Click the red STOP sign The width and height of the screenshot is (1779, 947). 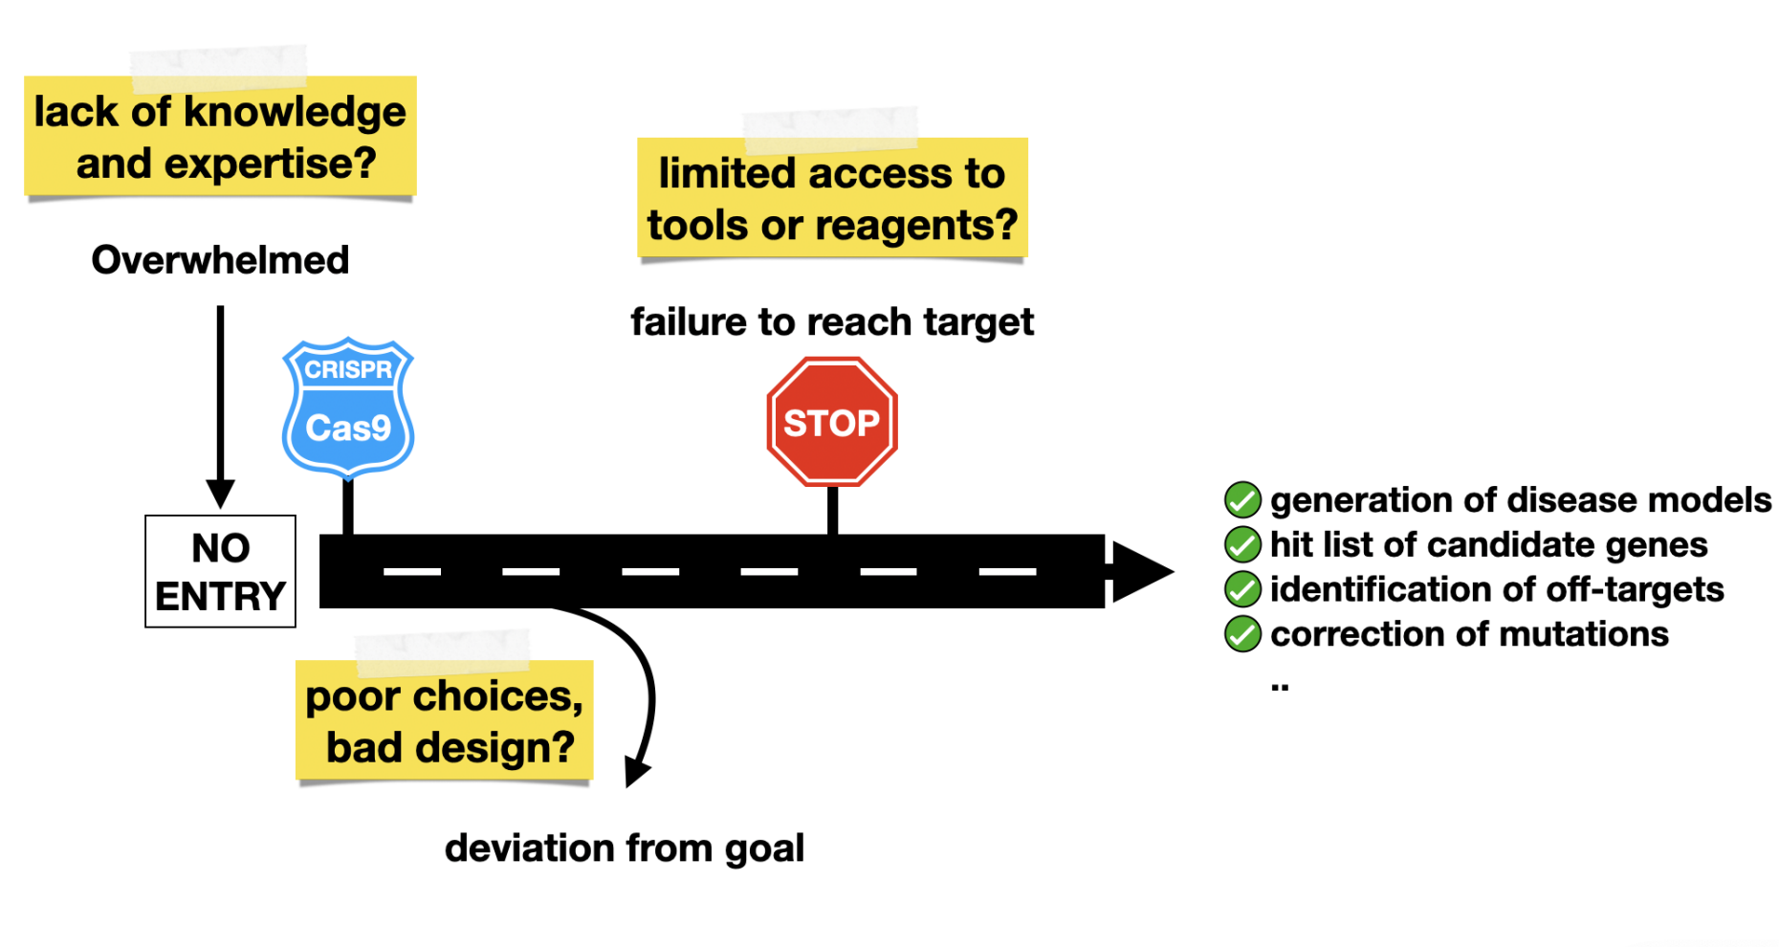[832, 422]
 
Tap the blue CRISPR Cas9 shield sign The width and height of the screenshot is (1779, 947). [348, 407]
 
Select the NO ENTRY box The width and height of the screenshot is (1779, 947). [220, 571]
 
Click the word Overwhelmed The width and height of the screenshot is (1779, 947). [220, 260]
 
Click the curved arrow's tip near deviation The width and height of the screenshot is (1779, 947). [635, 772]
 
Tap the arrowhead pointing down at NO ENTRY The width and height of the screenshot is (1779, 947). [220, 494]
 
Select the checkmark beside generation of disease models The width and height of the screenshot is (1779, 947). [1242, 499]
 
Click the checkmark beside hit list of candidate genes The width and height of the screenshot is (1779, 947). [1242, 544]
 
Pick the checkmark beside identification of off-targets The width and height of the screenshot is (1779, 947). [1242, 589]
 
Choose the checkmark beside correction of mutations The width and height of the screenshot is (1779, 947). [1242, 633]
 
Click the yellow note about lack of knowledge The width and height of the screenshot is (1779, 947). [220, 137]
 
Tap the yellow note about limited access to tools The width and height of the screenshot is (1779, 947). [832, 198]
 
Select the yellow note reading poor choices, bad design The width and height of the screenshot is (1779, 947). [445, 720]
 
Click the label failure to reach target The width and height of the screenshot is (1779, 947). [832, 322]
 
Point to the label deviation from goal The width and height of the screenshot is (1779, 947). [625, 848]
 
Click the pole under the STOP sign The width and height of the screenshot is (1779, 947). [833, 510]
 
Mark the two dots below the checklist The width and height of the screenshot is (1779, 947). [1280, 686]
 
